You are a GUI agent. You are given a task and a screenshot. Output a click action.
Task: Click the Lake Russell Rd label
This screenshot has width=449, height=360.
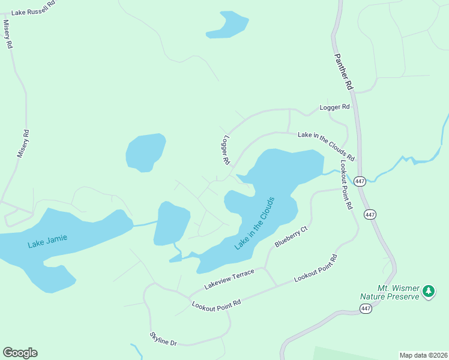pos(37,11)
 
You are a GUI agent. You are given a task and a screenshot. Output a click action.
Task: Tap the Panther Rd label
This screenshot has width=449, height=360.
pos(343,71)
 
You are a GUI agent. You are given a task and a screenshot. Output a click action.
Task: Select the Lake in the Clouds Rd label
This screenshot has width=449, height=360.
pos(327,146)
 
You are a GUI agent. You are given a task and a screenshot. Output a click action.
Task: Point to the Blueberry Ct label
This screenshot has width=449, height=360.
pos(291,237)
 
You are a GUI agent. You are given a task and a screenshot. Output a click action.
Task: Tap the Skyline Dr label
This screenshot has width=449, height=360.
pos(163,339)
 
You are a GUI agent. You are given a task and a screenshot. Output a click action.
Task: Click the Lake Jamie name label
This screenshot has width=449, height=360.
pos(47,241)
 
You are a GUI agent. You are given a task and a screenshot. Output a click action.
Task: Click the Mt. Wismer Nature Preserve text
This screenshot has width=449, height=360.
pos(390,292)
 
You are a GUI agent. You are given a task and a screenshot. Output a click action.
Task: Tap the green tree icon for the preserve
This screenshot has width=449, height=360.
pos(428,292)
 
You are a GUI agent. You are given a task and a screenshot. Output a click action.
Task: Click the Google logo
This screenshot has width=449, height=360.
pos(20,352)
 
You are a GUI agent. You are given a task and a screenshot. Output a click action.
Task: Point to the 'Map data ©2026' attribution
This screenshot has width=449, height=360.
pos(423,355)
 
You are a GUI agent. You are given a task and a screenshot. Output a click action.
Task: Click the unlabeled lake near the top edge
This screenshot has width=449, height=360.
pos(227,25)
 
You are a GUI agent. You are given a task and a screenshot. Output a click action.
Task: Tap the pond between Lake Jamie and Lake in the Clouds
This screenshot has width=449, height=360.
pos(172,223)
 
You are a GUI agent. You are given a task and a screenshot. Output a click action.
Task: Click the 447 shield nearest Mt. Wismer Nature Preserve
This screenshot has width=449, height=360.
pos(366,308)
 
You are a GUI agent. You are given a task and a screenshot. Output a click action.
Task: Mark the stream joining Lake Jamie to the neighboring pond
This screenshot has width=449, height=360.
pos(144,223)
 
